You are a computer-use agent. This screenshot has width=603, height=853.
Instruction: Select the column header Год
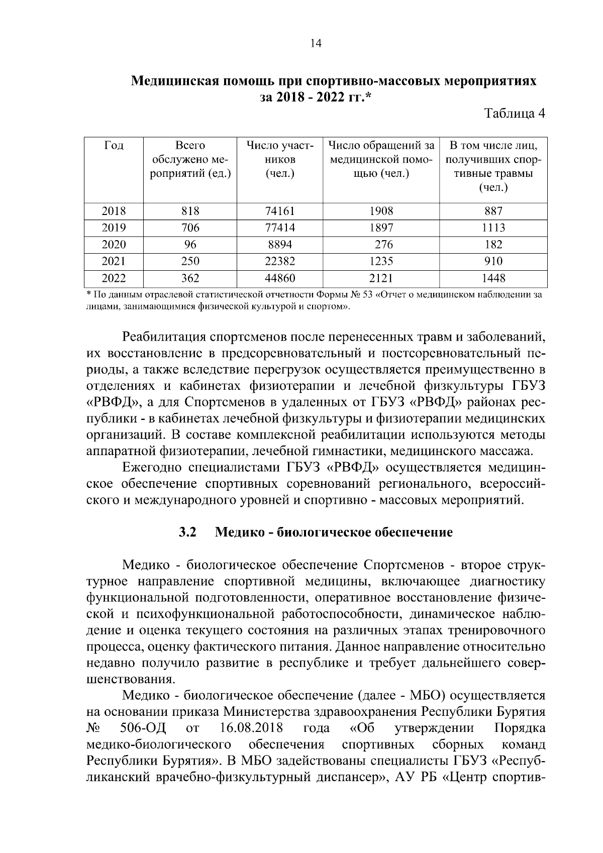pos(114,146)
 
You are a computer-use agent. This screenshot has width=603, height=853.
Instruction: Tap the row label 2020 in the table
pos(114,245)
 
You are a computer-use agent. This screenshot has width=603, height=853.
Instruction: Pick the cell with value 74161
pos(280,211)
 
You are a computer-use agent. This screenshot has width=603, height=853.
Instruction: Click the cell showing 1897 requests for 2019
pos(381,228)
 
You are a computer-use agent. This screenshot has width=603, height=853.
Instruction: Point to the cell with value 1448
pos(493,278)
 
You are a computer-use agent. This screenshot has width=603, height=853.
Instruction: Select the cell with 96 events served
pos(190,245)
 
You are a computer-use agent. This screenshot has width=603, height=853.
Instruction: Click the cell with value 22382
pos(280,261)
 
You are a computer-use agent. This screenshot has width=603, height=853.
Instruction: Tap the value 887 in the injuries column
pos(493,211)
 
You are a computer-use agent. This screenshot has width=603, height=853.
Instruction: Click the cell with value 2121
pos(381,278)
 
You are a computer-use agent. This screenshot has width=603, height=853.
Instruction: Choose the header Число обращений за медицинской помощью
pos(381,160)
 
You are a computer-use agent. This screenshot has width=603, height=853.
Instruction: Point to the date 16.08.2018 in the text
pos(251,728)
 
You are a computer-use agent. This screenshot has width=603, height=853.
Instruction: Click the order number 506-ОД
pos(144,728)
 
